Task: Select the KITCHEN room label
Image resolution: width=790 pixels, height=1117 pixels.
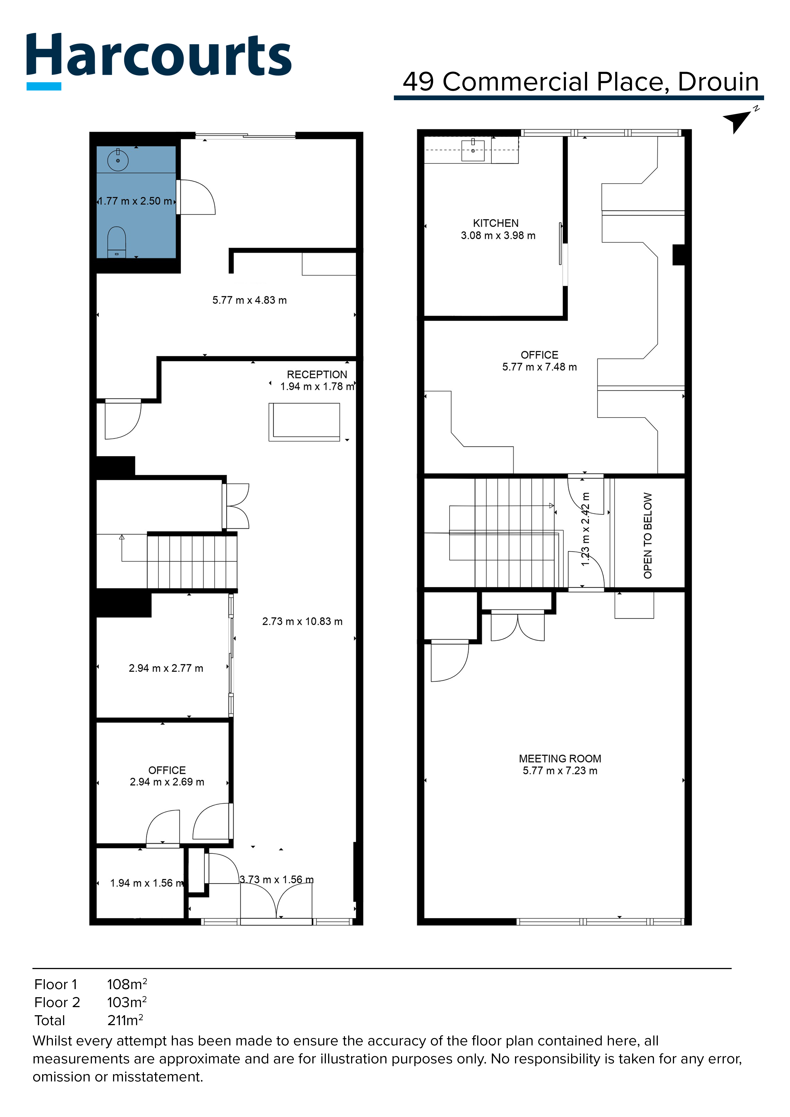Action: (x=496, y=223)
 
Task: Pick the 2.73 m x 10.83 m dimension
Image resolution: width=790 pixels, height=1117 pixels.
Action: (x=302, y=621)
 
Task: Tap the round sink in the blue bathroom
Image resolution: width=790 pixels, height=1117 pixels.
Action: (x=118, y=160)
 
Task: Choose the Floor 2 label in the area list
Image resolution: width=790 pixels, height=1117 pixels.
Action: (x=57, y=1002)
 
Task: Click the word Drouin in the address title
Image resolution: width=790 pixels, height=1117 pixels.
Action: (x=718, y=82)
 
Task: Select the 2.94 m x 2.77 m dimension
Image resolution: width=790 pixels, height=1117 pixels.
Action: (x=166, y=668)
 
